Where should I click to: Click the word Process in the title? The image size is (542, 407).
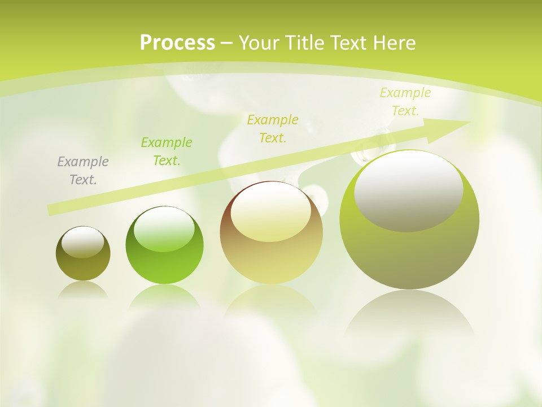click(x=177, y=43)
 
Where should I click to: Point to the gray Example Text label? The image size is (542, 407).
click(x=83, y=171)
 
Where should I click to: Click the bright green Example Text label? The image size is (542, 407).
click(x=167, y=151)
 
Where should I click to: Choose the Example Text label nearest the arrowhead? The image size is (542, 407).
click(x=405, y=102)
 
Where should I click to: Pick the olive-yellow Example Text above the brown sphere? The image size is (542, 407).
click(x=273, y=128)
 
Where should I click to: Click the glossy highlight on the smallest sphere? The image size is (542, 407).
click(x=83, y=243)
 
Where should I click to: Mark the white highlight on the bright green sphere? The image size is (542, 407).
click(x=164, y=229)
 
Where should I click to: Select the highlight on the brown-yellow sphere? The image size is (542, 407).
click(x=271, y=212)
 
